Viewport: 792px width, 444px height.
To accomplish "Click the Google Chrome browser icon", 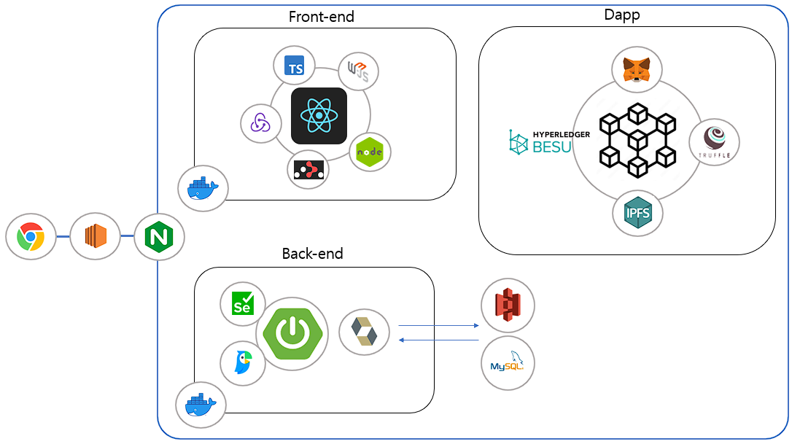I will coord(31,237).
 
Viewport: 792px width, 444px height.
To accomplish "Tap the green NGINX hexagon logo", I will coord(159,237).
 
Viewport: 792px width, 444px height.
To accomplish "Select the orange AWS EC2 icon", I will coord(95,237).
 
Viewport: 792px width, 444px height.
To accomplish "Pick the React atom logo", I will coord(319,116).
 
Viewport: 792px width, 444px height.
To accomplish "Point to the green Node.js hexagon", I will coord(370,152).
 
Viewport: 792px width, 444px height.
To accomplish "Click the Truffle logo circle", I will coord(714,143).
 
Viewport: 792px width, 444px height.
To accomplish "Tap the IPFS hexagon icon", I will coord(637,214).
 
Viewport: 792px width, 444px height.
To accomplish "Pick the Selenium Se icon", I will coord(242,303).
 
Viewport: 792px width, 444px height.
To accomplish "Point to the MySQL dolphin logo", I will coord(508,362).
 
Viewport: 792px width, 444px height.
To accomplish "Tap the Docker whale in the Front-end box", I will coord(203,189).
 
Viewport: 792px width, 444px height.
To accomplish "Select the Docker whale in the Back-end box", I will coord(201,404).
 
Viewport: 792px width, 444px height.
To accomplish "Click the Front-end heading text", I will coord(321,17).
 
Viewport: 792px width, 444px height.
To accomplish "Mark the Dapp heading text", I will coord(622,14).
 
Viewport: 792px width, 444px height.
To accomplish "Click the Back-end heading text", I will coord(312,254).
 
